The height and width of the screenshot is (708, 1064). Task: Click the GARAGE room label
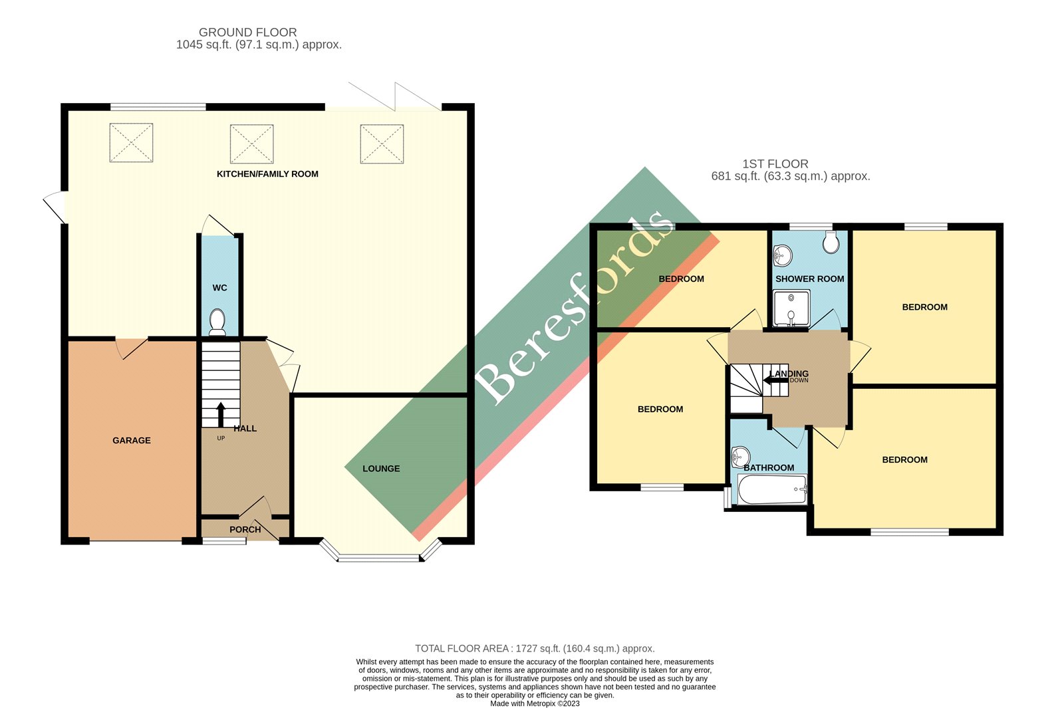(x=131, y=440)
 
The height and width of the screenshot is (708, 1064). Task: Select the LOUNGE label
(x=381, y=469)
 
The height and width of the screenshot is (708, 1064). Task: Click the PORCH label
(x=245, y=530)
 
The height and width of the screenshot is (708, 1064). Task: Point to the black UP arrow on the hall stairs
(x=221, y=414)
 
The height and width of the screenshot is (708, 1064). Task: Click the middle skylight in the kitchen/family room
(x=251, y=144)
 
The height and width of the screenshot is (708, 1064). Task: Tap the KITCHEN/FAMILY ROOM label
(x=267, y=174)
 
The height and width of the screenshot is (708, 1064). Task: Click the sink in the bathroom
(x=739, y=457)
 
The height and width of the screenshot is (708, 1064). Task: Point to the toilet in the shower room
(x=830, y=243)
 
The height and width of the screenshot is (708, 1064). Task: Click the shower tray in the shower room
(x=791, y=309)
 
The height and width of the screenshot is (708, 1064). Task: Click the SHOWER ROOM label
(x=809, y=279)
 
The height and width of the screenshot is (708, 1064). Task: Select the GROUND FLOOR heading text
(x=247, y=32)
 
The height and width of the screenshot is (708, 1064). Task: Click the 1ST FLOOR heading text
(x=775, y=164)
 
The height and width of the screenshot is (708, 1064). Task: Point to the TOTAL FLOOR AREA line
(x=535, y=648)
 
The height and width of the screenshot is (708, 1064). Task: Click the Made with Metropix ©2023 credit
(x=535, y=703)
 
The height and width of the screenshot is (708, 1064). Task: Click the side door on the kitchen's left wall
(x=55, y=207)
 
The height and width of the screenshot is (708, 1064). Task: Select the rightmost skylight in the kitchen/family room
(x=382, y=144)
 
